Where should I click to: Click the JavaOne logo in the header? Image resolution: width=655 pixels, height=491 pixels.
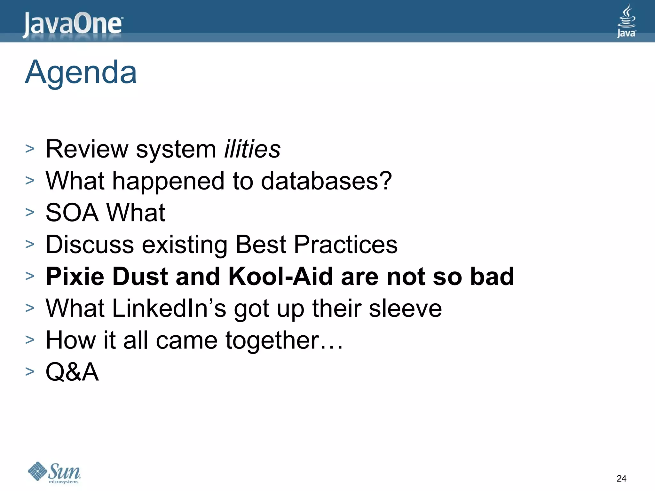[x=72, y=25]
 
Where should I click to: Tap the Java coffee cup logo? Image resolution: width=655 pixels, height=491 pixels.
[x=626, y=21]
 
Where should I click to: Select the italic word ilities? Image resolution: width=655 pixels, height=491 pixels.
[x=252, y=149]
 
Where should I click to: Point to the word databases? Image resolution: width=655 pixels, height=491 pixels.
[x=326, y=181]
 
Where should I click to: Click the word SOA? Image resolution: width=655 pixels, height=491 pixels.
[x=72, y=213]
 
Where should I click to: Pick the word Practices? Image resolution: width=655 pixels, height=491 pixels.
[x=345, y=245]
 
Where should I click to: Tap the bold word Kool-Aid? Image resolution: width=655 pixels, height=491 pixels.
[x=280, y=276]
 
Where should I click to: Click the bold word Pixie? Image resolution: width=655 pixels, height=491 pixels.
[x=75, y=276]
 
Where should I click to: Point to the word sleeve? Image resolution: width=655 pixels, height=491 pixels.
[x=405, y=308]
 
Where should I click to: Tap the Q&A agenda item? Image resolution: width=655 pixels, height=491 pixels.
[x=72, y=372]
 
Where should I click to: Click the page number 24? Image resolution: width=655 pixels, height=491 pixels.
[x=621, y=478]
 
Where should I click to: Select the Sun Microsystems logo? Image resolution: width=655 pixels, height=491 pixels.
[x=54, y=472]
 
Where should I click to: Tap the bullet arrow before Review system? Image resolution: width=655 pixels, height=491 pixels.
[x=30, y=149]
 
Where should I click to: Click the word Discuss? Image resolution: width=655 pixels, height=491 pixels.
[x=90, y=245]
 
